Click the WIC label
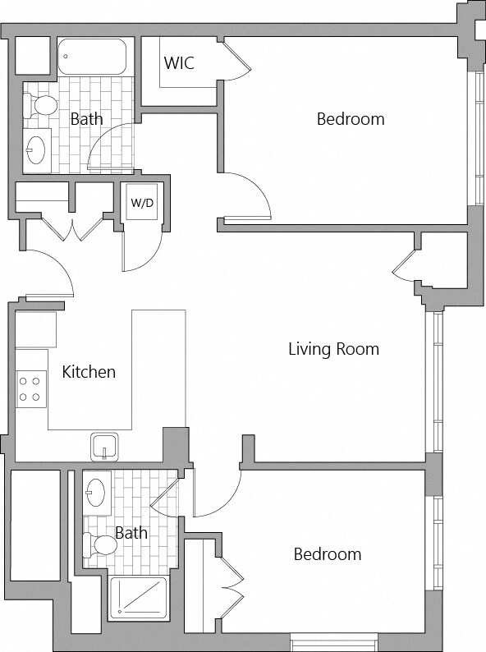click(x=179, y=62)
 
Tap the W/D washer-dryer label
click(x=142, y=203)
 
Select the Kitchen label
click(x=89, y=372)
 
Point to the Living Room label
click(x=333, y=349)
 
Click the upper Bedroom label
click(x=351, y=119)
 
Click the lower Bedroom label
click(x=328, y=553)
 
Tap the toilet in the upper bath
click(x=40, y=105)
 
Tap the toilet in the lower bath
click(x=100, y=544)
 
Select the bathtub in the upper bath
click(x=91, y=57)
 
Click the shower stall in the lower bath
click(x=139, y=597)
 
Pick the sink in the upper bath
click(x=36, y=150)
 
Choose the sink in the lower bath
click(x=96, y=493)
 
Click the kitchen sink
click(x=104, y=447)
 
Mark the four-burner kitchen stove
click(x=30, y=388)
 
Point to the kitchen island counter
click(x=158, y=370)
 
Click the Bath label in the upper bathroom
click(x=86, y=119)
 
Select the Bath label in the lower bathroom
click(x=131, y=533)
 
